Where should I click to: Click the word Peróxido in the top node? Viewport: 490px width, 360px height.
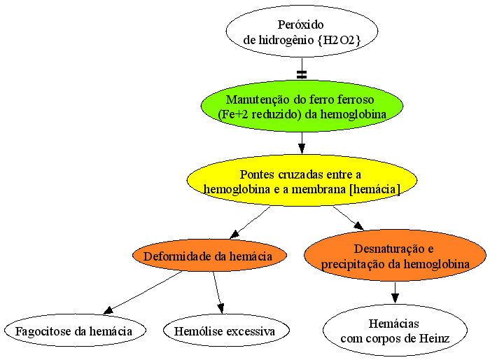pyautogui.click(x=300, y=25)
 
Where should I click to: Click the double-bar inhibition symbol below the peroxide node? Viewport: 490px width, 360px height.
pyautogui.click(x=302, y=74)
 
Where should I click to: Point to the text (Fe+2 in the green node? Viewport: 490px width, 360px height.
pyautogui.click(x=233, y=114)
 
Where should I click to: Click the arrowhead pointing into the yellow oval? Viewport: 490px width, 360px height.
pyautogui.click(x=302, y=148)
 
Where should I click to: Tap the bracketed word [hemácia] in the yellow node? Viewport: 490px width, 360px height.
pyautogui.click(x=374, y=190)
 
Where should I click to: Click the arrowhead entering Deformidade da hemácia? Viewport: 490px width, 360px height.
pyautogui.click(x=235, y=234)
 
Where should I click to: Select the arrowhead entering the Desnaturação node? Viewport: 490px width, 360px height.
pyautogui.click(x=358, y=226)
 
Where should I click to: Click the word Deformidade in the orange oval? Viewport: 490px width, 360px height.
pyautogui.click(x=177, y=256)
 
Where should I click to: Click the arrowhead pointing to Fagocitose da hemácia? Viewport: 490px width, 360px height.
pyautogui.click(x=108, y=310)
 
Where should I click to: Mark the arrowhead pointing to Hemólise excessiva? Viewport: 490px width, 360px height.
pyautogui.click(x=221, y=308)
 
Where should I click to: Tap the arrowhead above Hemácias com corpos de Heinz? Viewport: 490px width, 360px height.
pyautogui.click(x=395, y=298)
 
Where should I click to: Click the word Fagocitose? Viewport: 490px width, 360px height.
pyautogui.click(x=43, y=331)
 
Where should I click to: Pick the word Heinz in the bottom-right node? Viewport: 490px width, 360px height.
pyautogui.click(x=434, y=338)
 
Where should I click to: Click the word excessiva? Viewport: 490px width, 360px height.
pyautogui.click(x=251, y=331)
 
